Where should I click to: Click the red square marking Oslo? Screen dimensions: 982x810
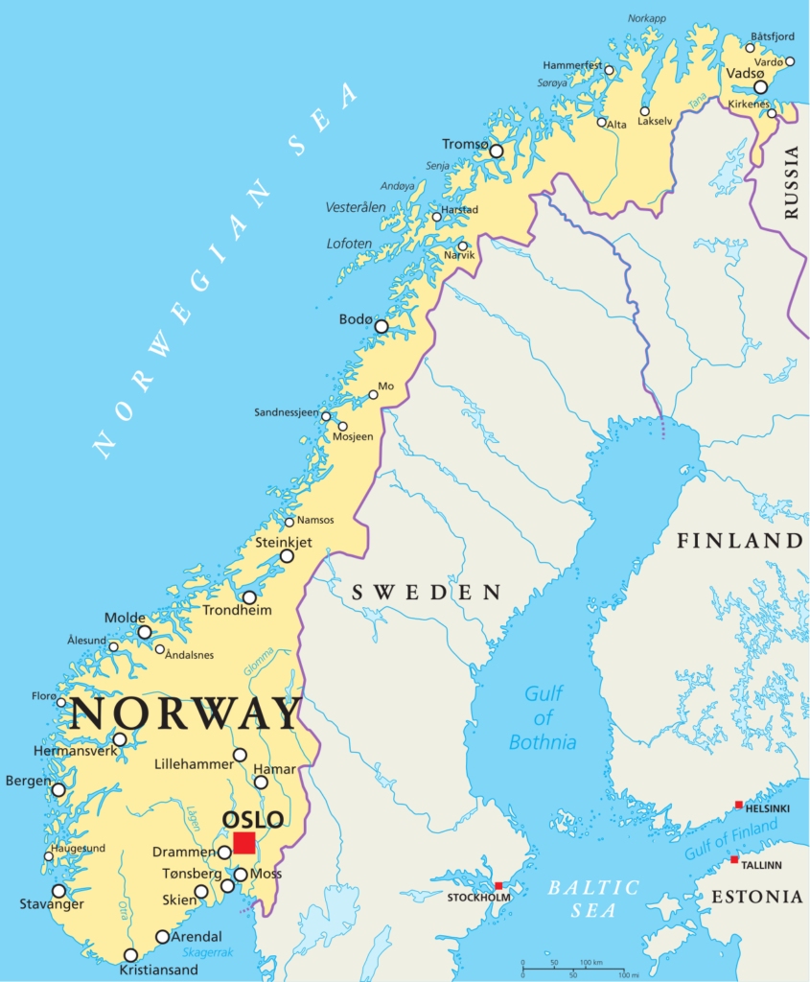click(244, 842)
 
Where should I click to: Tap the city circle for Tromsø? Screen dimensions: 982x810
click(496, 151)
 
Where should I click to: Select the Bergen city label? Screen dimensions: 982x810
click(28, 782)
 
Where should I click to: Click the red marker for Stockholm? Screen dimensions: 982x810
click(498, 885)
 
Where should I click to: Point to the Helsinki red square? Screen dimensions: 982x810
click(738, 805)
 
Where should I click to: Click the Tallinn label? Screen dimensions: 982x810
click(761, 865)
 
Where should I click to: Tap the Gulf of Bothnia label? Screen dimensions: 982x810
click(543, 717)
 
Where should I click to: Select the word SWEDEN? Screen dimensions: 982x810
click(427, 593)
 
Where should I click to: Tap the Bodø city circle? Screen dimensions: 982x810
click(381, 326)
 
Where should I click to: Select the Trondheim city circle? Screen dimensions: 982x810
click(249, 596)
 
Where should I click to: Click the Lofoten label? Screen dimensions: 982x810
click(348, 244)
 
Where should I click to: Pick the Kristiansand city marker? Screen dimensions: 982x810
click(131, 955)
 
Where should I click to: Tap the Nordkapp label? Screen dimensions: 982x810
click(646, 18)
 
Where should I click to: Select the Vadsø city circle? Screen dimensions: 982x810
click(760, 86)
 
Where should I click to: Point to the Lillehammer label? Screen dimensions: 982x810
click(194, 764)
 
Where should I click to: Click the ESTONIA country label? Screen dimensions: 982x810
click(757, 897)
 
